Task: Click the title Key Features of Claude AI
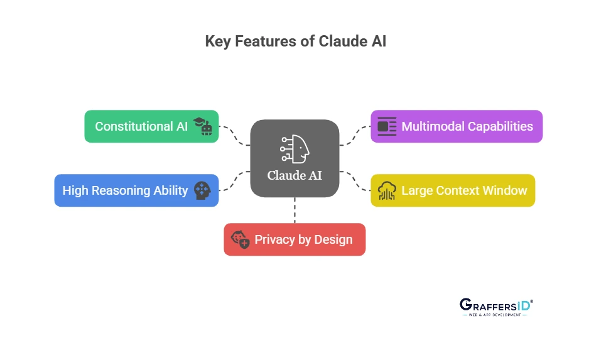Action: pos(295,41)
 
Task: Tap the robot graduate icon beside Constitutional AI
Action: pos(202,126)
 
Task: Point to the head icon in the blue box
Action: pos(202,190)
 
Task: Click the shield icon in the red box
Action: pos(240,239)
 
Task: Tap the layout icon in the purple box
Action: pos(387,126)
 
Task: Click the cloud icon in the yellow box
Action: pos(387,190)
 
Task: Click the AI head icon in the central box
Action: pos(294,149)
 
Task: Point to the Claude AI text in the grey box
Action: pos(294,175)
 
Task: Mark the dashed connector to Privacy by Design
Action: pos(294,210)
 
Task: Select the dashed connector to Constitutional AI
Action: pos(234,135)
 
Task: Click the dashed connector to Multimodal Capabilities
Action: pos(355,135)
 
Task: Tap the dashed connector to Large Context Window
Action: pos(355,181)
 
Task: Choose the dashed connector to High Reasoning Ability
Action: pos(234,181)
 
